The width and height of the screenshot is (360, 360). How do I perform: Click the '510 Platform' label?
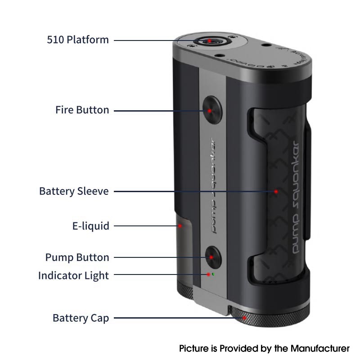coord(77,40)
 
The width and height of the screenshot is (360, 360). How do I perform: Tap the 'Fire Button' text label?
coord(82,110)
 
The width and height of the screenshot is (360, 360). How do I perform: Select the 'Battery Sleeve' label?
coord(74,191)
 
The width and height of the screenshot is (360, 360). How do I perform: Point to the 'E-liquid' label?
coord(91,226)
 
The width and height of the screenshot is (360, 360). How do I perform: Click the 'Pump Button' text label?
coord(77,257)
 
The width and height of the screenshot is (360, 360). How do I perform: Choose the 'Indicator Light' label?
coord(73,275)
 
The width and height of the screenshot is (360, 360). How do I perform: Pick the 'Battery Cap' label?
coord(81,318)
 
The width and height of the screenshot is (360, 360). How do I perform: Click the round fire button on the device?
coord(212,110)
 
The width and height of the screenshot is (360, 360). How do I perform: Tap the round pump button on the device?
coord(213,257)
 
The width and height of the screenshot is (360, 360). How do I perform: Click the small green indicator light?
coord(213,274)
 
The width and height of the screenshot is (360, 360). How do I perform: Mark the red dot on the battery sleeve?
coord(276,192)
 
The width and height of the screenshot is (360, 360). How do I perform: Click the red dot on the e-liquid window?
coord(180,226)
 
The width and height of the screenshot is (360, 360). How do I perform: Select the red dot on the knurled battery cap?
coord(244,318)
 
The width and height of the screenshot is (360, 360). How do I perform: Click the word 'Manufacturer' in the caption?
coord(320,348)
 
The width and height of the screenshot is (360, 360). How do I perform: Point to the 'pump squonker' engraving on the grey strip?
coord(212,186)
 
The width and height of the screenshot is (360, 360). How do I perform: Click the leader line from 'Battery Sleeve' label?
coord(195,192)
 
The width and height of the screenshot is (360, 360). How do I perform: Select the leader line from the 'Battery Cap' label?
coord(179,318)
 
